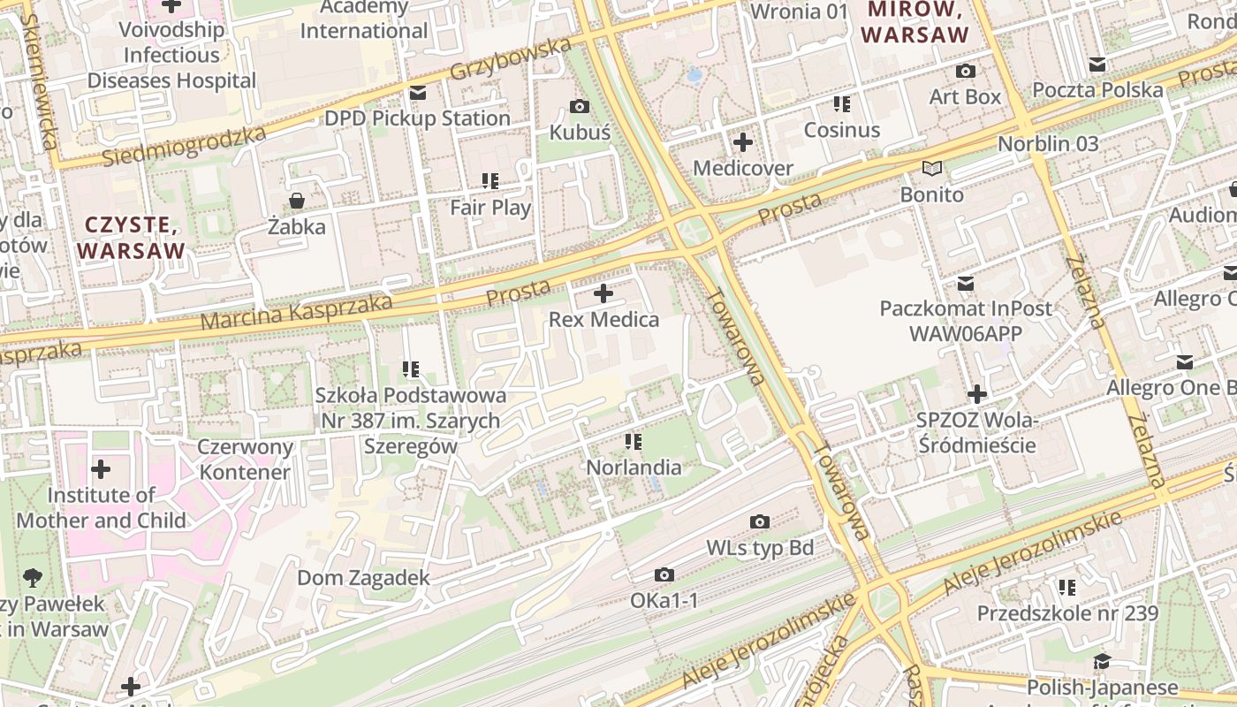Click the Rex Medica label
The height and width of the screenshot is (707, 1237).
tap(603, 320)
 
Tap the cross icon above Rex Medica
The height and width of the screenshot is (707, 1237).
tap(603, 293)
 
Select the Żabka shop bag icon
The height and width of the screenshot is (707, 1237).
tap(297, 201)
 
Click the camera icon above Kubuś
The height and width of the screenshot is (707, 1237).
tap(580, 107)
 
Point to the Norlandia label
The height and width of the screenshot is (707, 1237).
tap(634, 468)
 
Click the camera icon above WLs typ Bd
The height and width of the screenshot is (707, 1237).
tap(759, 522)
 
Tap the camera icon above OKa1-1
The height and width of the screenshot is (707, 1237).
tap(664, 575)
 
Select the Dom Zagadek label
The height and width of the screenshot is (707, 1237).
tap(363, 578)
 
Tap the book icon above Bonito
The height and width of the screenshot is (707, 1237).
tap(932, 168)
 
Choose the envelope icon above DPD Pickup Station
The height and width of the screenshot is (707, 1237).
tap(418, 93)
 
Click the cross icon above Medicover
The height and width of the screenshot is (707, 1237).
tap(743, 141)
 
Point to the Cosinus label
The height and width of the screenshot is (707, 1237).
tap(841, 130)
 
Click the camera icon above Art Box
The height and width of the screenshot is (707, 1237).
tap(966, 71)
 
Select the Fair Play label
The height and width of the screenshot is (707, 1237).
tap(490, 208)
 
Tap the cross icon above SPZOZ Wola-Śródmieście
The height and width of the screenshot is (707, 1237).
tap(976, 394)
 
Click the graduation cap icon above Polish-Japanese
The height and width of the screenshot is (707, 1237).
tap(1102, 661)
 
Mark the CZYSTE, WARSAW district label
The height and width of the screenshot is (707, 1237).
tap(132, 238)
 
